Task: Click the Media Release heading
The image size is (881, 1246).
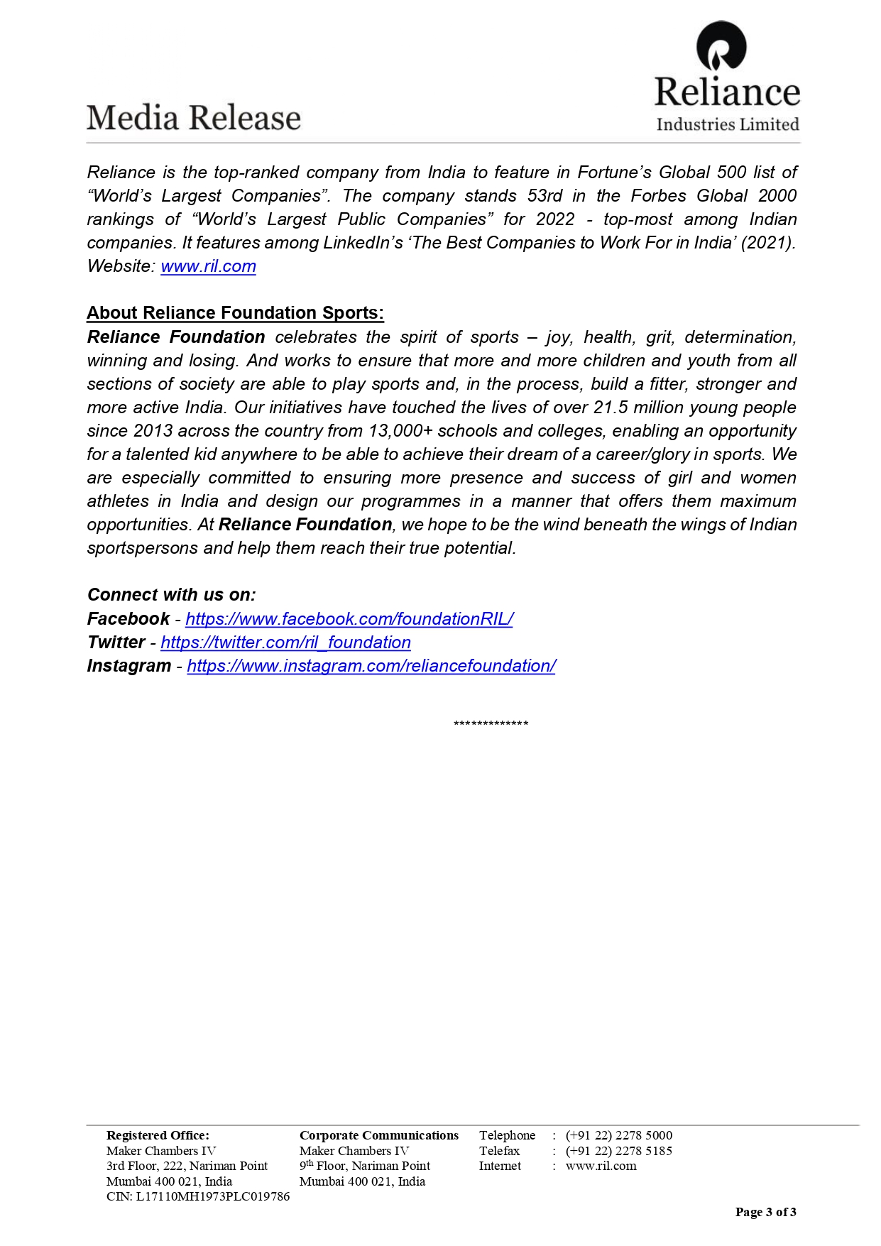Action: (x=193, y=118)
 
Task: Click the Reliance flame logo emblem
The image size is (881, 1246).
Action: (x=721, y=47)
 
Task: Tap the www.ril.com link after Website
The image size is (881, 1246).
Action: (x=208, y=266)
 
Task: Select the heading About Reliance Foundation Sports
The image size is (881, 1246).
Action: (x=235, y=313)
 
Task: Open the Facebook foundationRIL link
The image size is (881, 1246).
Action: (x=349, y=619)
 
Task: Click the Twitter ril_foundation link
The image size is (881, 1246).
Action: (x=285, y=643)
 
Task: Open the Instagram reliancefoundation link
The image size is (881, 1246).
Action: (x=371, y=666)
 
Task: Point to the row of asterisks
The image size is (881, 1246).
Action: (x=491, y=724)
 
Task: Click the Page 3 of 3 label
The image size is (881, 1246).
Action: (x=765, y=1212)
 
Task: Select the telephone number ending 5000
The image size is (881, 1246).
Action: (x=618, y=1135)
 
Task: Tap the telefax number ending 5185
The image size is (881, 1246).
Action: (x=618, y=1151)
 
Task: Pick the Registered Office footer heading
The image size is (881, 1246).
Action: (x=158, y=1135)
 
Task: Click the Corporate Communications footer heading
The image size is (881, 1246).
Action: (x=379, y=1135)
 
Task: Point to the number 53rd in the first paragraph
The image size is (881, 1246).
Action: (x=545, y=196)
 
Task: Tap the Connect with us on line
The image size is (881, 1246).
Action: (x=171, y=595)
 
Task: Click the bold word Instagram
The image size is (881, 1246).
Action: (x=128, y=666)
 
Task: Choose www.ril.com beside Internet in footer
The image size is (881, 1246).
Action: (x=601, y=1166)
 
